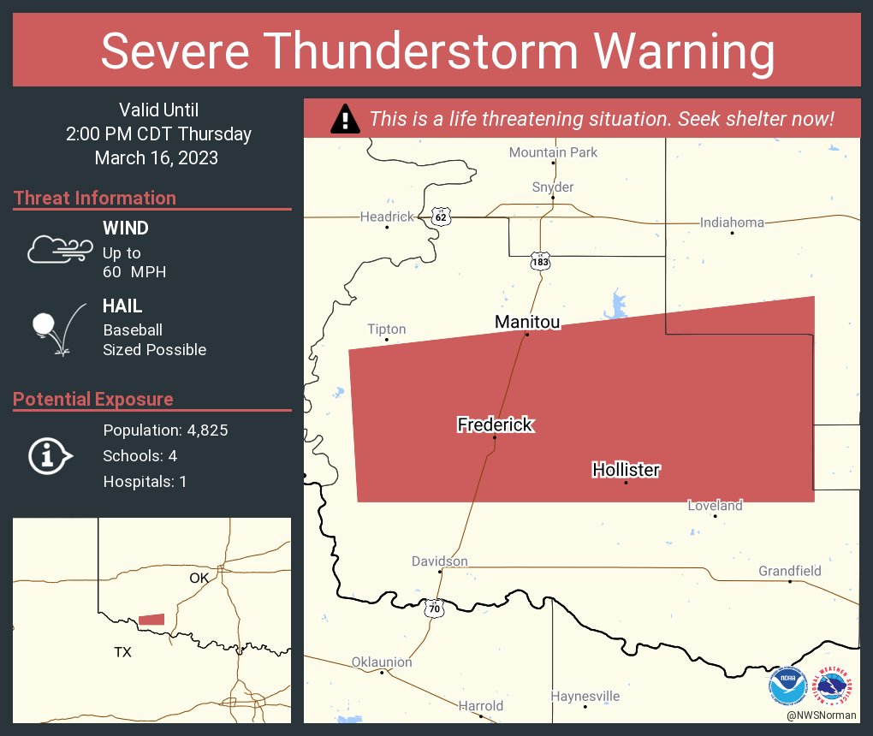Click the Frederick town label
point(496,424)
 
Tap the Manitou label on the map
point(527,322)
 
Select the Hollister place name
point(626,470)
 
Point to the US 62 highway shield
point(441,217)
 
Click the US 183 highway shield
point(539,261)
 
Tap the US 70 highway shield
point(436,608)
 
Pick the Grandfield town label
point(789,571)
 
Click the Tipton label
point(386,329)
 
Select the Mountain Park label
point(553,152)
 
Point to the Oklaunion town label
point(382,662)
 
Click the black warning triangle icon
point(345,118)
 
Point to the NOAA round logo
point(787,686)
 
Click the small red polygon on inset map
point(151,619)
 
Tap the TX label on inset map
point(123,652)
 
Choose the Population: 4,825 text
point(165,430)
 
